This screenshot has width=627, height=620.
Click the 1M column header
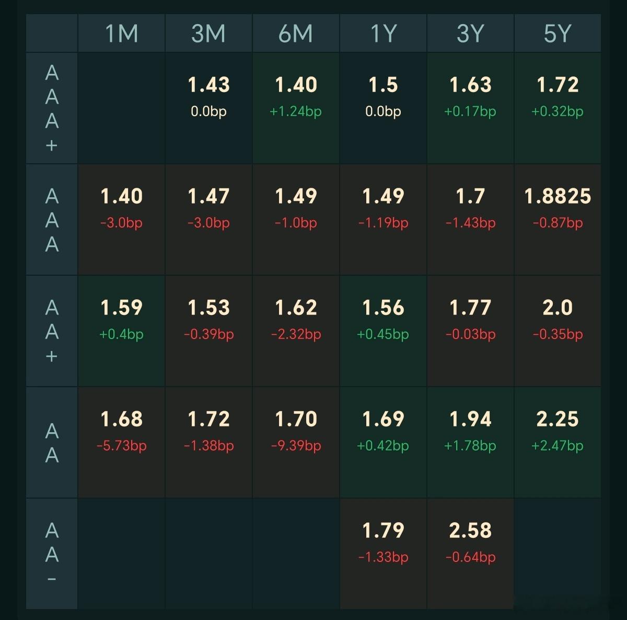[x=121, y=33]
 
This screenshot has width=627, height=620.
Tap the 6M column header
[x=296, y=33]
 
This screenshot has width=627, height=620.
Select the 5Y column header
[x=558, y=33]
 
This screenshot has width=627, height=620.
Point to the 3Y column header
[x=470, y=33]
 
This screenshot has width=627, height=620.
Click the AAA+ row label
[x=52, y=108]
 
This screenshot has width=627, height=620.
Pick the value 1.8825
[x=558, y=196]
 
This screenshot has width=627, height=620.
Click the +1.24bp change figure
[x=296, y=111]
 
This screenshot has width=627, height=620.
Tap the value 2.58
[x=470, y=531]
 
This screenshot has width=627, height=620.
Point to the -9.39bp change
[x=296, y=446]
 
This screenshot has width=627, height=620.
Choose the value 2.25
[x=558, y=419]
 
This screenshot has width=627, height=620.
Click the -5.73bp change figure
[x=121, y=446]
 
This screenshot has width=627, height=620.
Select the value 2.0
[x=558, y=308]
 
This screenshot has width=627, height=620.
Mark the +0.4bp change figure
[x=121, y=334]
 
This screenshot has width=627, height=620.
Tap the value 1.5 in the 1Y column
[x=383, y=85]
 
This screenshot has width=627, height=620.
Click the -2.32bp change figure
[x=296, y=334]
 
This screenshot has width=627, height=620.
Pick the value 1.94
[x=470, y=419]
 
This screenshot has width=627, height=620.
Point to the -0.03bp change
[x=470, y=334]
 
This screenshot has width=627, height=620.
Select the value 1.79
[x=383, y=531]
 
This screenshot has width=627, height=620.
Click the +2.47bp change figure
[x=558, y=446]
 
